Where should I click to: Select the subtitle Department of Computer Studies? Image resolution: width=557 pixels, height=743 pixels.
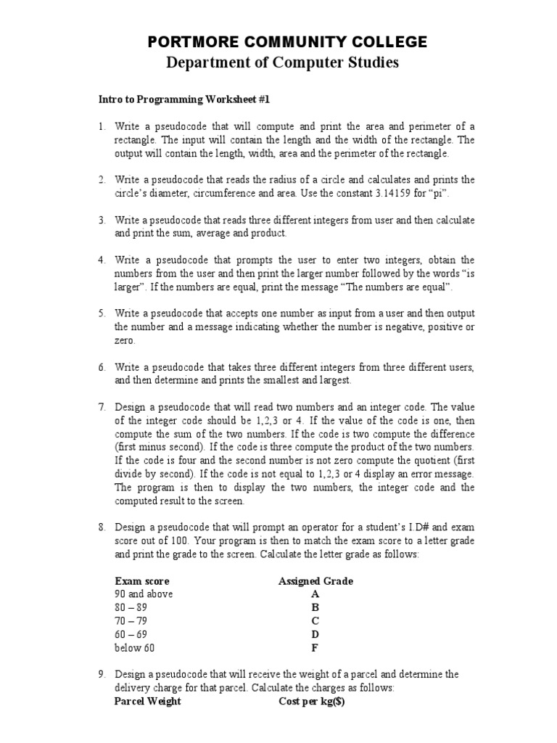coord(283,63)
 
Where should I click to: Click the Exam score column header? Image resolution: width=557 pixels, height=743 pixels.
coord(142,581)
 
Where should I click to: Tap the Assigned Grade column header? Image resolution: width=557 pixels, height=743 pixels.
coord(315,581)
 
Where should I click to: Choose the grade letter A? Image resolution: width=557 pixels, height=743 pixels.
coord(315,594)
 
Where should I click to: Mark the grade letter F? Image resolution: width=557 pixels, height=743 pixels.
coord(315,648)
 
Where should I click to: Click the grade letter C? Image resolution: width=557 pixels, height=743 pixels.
coord(315,621)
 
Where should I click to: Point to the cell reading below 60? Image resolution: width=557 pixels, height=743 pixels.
coord(135,648)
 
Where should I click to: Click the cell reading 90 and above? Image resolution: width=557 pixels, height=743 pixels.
coord(144,594)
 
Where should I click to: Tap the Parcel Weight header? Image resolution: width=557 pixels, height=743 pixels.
coord(148,702)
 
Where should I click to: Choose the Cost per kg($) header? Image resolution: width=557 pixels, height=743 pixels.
coord(313,702)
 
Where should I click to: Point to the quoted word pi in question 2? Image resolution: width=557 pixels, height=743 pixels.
coord(444,193)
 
